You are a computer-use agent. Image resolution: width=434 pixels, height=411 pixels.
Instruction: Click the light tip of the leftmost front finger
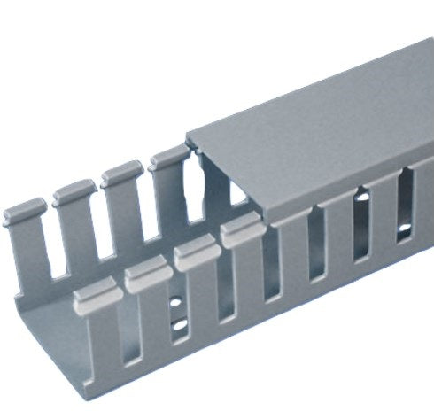94,292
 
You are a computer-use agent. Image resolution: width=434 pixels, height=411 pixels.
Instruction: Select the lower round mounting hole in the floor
181,329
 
